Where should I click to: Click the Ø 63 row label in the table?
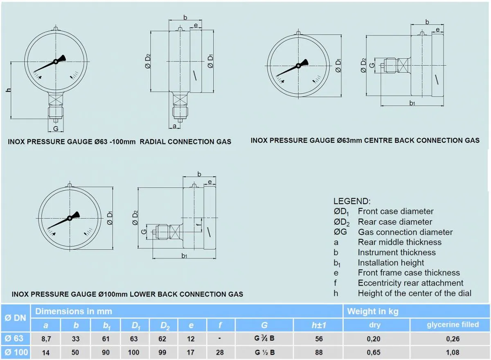tap(15, 338)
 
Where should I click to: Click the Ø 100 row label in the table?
tap(15, 352)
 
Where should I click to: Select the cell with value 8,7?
tap(45, 339)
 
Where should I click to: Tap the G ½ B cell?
tap(264, 352)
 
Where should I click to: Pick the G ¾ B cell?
tap(264, 339)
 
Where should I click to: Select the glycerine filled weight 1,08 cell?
tap(453, 352)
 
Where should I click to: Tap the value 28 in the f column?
tap(220, 352)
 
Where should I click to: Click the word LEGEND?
tap(352, 201)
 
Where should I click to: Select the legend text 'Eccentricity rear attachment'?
tap(410, 283)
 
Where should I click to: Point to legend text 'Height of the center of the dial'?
tap(414, 293)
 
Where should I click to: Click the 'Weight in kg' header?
tap(372, 311)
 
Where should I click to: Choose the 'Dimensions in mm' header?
tap(74, 311)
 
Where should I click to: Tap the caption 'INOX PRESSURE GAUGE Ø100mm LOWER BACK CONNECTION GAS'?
tap(127, 294)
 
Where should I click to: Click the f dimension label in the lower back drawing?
tap(198, 225)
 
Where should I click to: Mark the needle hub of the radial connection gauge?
tap(56, 62)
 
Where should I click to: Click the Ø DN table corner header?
tap(15, 318)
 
